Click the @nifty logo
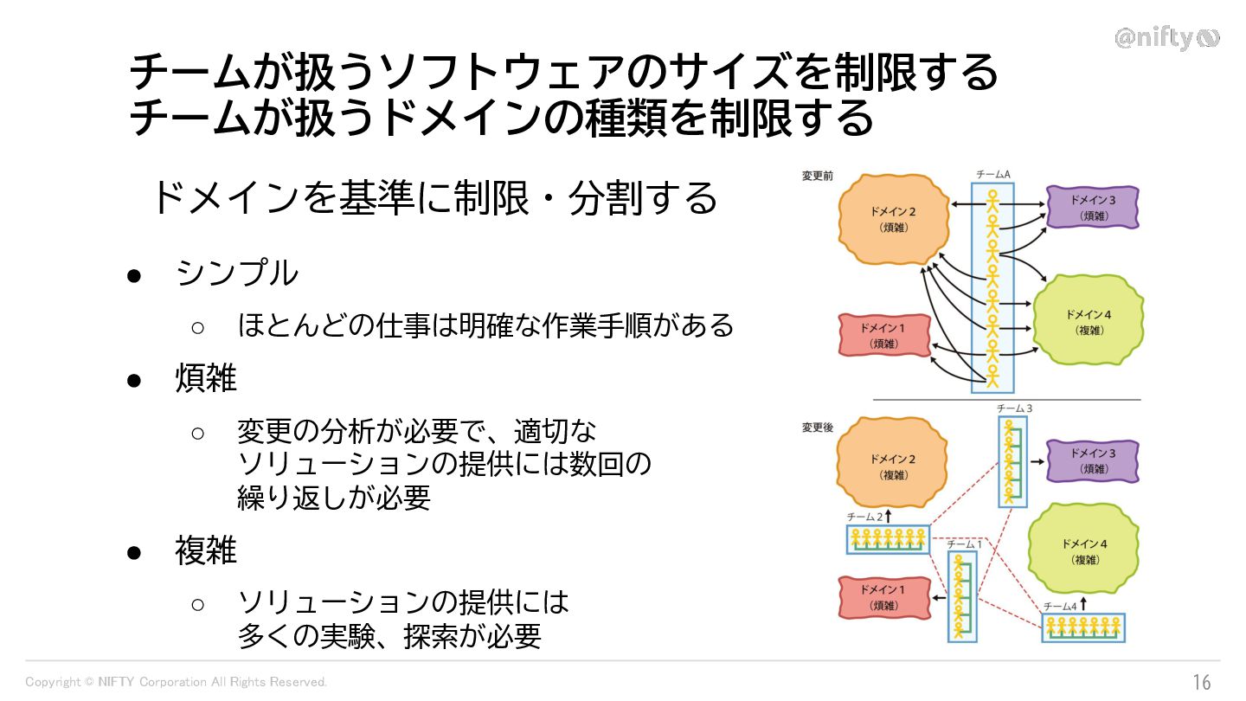coord(1166,39)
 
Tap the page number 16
coord(1202,682)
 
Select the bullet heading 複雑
coord(206,550)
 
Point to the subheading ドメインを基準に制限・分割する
coord(434,198)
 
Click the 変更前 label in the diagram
coord(818,176)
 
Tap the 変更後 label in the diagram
coord(818,428)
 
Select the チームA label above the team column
coord(992,175)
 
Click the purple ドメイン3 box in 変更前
coord(1093,208)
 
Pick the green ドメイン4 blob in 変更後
coord(1085,550)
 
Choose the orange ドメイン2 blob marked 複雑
coord(892,466)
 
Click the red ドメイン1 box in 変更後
coord(883,598)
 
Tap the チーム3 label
coord(1014,408)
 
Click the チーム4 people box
coord(1083,627)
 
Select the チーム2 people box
coord(888,540)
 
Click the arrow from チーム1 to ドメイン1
coord(941,598)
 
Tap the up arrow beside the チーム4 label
coord(1082,605)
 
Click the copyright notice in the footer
coord(177,682)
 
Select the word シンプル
coord(236,274)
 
